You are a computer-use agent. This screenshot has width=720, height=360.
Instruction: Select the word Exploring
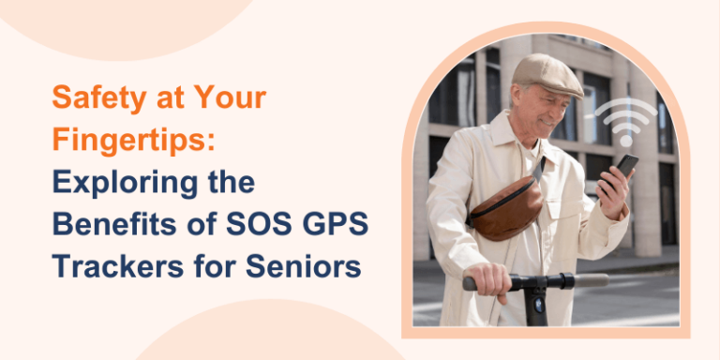pyautogui.click(x=112, y=182)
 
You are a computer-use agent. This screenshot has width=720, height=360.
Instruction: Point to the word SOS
pyautogui.click(x=249, y=224)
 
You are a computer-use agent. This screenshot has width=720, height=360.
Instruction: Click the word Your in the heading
pyautogui.click(x=230, y=97)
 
